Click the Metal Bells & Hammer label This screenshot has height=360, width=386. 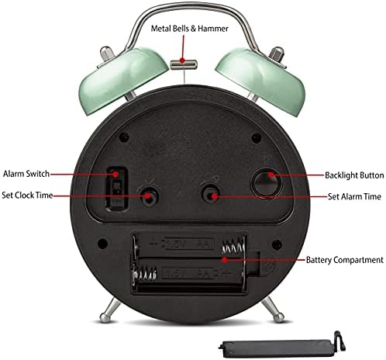click(189, 29)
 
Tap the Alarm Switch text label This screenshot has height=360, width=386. click(26, 174)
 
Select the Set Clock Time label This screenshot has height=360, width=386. click(27, 195)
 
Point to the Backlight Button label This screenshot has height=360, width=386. click(354, 175)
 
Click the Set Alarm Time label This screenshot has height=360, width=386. click(354, 196)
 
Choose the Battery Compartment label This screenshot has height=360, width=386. click(345, 260)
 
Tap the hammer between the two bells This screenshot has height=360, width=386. click(184, 64)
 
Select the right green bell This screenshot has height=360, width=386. click(260, 80)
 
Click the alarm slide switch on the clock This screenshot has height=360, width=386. click(117, 189)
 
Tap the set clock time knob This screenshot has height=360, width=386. click(148, 196)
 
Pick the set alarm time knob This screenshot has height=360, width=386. click(211, 194)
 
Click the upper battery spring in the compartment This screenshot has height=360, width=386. click(233, 247)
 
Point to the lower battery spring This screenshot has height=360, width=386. click(145, 274)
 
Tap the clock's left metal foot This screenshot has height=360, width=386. click(109, 311)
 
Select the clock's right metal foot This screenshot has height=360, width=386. click(274, 310)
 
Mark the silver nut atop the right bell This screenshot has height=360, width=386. click(277, 54)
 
